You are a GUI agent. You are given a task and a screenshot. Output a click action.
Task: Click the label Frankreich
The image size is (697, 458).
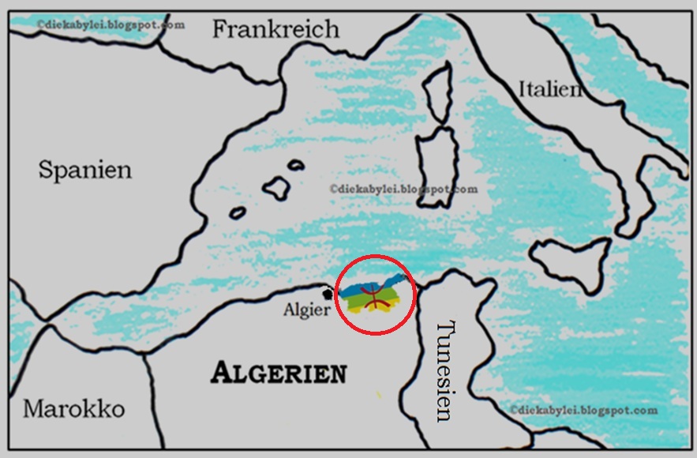point(275,29)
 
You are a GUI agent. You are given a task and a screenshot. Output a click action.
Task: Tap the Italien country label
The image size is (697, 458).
point(550,88)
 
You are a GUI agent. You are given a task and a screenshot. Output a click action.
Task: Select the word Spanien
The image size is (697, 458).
point(85,169)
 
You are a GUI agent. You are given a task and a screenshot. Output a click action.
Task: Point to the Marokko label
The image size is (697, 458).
point(73,408)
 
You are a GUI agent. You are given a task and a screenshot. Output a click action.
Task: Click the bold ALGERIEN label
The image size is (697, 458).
point(278,373)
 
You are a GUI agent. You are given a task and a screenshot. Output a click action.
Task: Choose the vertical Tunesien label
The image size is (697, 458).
point(447,370)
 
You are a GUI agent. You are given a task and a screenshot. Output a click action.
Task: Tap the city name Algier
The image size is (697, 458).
point(306,310)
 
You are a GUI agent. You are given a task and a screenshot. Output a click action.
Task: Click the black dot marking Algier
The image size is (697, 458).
point(328,293)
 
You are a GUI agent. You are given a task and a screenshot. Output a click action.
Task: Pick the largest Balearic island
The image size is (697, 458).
point(277,187)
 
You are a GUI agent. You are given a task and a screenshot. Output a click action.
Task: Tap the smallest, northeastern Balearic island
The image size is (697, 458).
point(296,165)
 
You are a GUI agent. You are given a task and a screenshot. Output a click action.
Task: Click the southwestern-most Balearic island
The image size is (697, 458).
point(238,212)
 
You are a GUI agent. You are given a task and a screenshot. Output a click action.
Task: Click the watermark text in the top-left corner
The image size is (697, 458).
point(111,24)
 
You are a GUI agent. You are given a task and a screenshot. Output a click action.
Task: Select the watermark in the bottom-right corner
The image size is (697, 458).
point(583,411)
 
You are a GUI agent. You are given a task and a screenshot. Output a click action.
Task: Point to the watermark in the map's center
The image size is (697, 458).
point(403,189)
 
